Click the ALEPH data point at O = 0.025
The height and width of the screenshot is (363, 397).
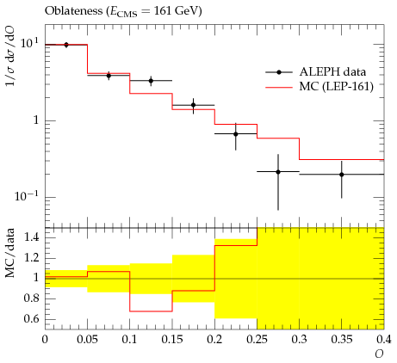pos(66,45)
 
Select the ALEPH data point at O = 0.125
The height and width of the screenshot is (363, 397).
pos(151,81)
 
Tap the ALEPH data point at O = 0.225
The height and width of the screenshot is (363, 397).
pos(236,134)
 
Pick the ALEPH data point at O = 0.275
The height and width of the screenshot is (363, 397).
pos(278,172)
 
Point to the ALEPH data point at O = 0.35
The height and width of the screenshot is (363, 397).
pos(342,175)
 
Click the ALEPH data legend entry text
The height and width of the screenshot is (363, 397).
pos(332,71)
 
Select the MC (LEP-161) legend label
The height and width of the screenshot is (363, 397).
pos(337,86)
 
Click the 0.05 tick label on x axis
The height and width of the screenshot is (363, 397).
pos(87,340)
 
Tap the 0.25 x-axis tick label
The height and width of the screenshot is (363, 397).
pos(257,340)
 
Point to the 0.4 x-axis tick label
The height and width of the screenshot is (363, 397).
pos(384,340)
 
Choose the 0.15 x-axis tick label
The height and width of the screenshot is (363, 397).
pos(172,340)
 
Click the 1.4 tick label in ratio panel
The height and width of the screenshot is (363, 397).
pos(32,237)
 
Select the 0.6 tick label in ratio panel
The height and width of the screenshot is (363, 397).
pos(32,319)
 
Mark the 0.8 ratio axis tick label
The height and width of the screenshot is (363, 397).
pos(32,298)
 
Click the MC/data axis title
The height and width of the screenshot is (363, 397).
pos(9,253)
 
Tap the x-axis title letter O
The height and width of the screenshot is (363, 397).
pos(379,354)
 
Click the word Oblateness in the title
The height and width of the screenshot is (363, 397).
pos(73,11)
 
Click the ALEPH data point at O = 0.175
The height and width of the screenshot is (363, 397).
pos(193,105)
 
